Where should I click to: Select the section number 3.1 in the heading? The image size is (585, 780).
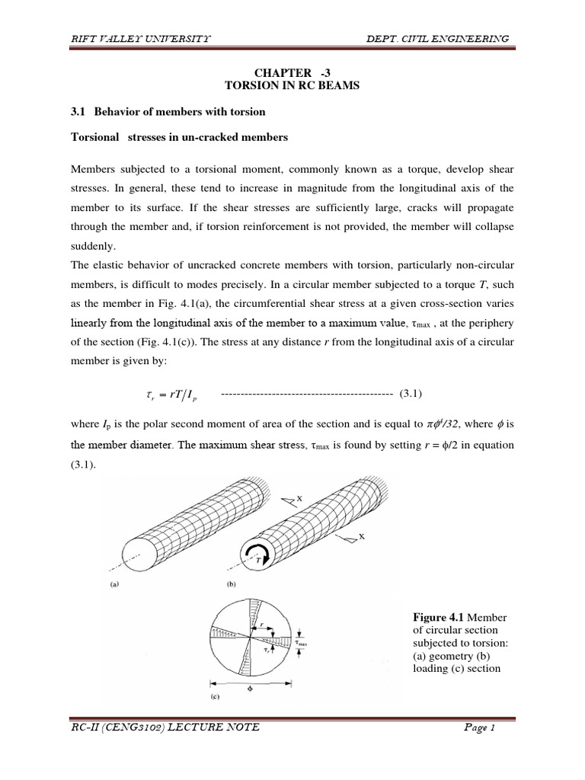[x=78, y=112]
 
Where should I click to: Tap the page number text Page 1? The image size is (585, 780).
[x=480, y=727]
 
